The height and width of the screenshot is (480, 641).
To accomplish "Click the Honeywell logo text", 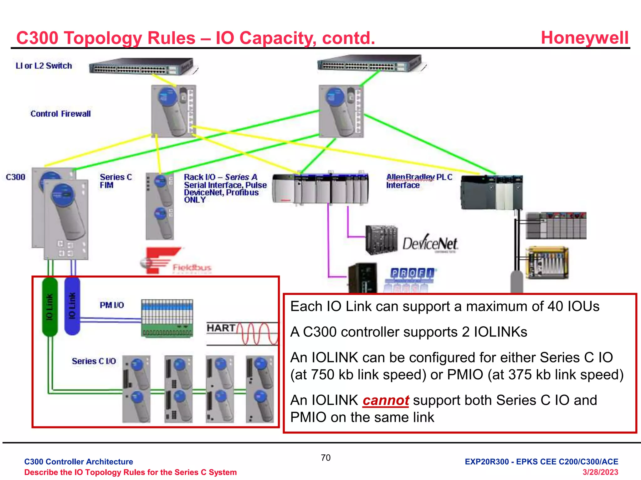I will [x=584, y=38].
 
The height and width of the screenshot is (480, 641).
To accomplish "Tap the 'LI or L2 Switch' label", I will [x=44, y=66].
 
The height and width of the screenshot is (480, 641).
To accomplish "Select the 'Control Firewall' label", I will [x=60, y=114].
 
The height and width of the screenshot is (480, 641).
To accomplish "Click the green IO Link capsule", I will [x=50, y=307].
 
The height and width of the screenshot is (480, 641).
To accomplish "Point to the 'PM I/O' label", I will [x=112, y=305].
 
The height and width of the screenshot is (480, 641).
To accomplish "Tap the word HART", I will [x=221, y=328].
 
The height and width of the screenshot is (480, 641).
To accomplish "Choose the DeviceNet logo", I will [x=430, y=244].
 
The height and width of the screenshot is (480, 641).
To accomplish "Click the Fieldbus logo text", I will [x=192, y=267].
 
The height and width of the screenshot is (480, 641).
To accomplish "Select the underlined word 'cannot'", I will [x=386, y=400].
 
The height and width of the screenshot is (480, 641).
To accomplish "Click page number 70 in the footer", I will [x=326, y=458].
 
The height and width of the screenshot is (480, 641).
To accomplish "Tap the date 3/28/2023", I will [x=600, y=472].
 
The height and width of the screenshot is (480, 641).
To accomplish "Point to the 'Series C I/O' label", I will [x=94, y=361].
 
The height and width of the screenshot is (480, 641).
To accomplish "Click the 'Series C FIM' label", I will [x=115, y=181].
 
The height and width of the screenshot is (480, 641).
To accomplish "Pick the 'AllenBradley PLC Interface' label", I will [x=419, y=181].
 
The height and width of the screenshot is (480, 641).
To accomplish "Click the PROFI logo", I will [x=413, y=273].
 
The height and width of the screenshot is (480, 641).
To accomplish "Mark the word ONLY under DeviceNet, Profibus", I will [x=195, y=200].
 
